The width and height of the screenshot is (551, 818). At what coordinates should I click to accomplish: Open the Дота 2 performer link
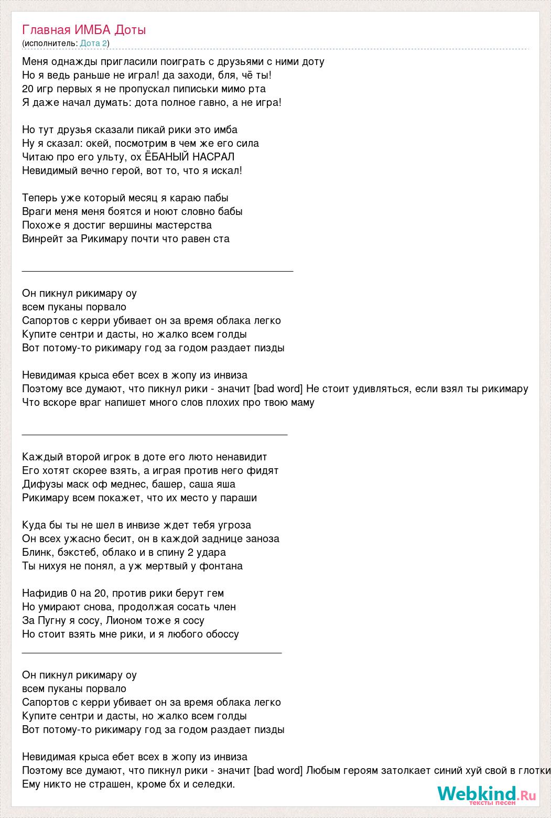click(x=93, y=43)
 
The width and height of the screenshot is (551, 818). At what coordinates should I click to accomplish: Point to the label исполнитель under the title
click(x=50, y=43)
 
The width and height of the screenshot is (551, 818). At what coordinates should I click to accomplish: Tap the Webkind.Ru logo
click(x=487, y=795)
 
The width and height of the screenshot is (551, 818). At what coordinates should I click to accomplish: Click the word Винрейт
click(x=43, y=239)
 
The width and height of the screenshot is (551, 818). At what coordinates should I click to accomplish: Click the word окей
click(x=81, y=143)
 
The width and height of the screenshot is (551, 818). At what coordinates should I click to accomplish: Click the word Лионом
click(x=126, y=620)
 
